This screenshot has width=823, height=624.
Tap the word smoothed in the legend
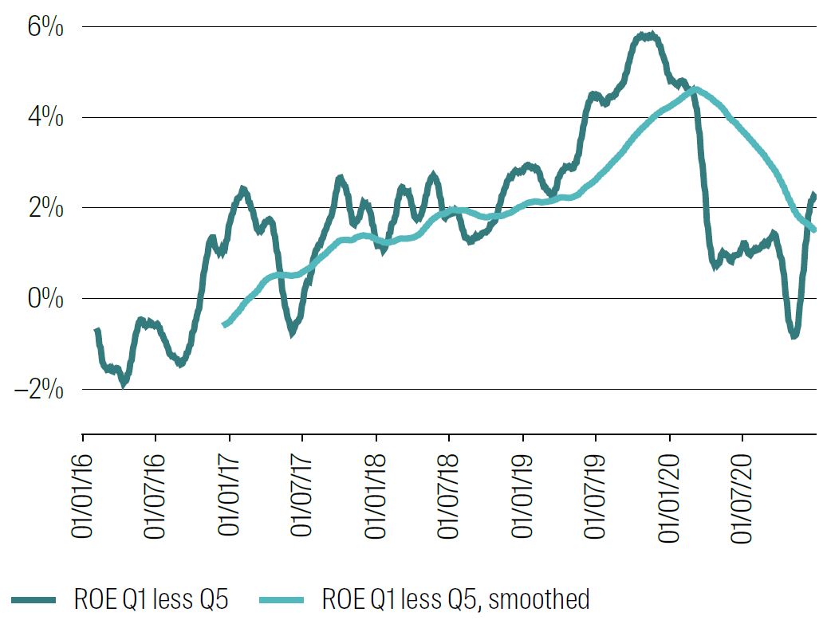coord(541,599)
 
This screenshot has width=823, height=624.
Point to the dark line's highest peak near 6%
coord(648,36)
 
